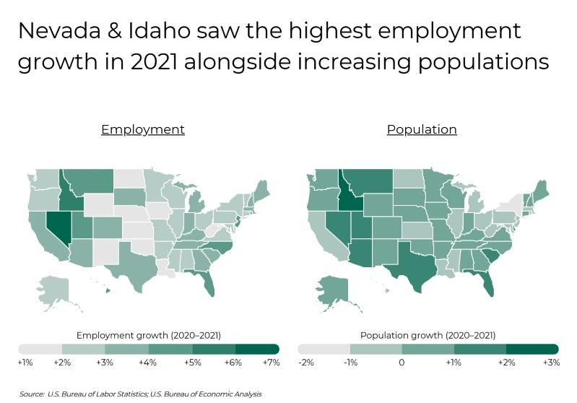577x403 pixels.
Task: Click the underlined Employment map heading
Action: (x=143, y=130)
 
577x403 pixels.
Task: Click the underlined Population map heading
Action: (x=422, y=130)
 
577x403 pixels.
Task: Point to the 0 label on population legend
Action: (x=402, y=363)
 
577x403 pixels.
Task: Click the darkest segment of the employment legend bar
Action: (x=257, y=350)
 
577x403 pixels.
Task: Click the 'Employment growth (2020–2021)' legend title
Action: (x=148, y=336)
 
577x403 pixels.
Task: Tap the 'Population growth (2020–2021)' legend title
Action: (x=428, y=336)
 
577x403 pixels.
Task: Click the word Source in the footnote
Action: (x=32, y=394)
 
